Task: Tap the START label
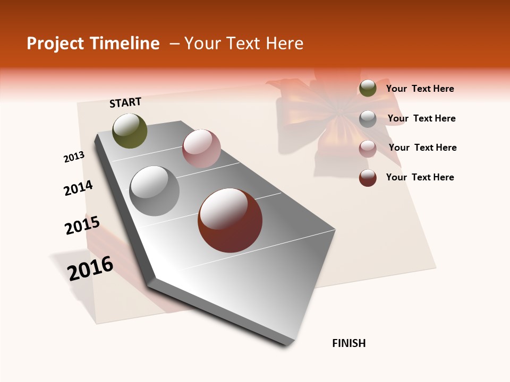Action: (125, 102)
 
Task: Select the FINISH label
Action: (348, 343)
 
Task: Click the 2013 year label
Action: (74, 157)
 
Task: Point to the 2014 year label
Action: (79, 188)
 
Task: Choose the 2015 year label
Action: (82, 226)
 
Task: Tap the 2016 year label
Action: (90, 268)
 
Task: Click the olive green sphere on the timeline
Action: (130, 131)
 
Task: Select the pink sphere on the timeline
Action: (201, 149)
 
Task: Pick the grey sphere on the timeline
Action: (155, 191)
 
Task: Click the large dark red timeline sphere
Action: (230, 220)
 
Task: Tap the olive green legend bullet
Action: (368, 89)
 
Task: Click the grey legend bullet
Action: (368, 118)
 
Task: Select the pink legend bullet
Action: (368, 148)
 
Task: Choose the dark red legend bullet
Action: (368, 178)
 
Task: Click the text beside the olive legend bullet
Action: (420, 89)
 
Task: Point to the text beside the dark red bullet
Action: (420, 177)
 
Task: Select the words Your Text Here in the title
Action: (244, 44)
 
